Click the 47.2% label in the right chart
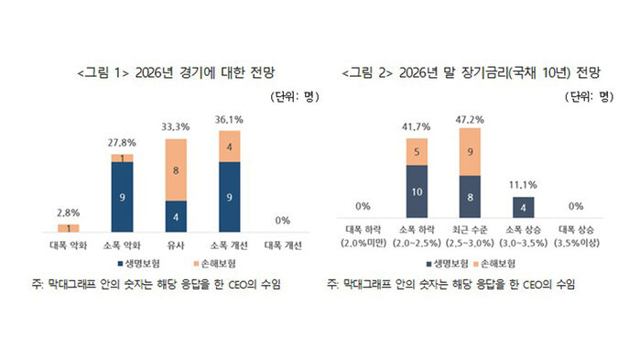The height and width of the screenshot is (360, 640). pos(470,119)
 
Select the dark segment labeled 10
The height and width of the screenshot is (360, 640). pos(418,193)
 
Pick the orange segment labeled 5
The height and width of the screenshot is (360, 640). pos(418,152)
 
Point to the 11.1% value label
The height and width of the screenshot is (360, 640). pos(523,186)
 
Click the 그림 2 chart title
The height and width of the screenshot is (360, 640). pos(471,71)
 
